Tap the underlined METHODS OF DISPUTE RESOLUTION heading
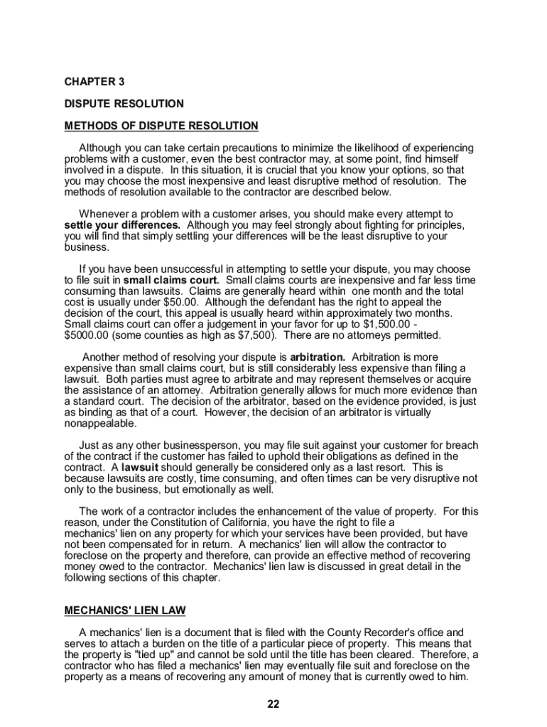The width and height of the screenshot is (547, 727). point(161,126)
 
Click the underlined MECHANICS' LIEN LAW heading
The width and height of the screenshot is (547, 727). point(125,610)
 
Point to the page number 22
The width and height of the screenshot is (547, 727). point(273,704)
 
